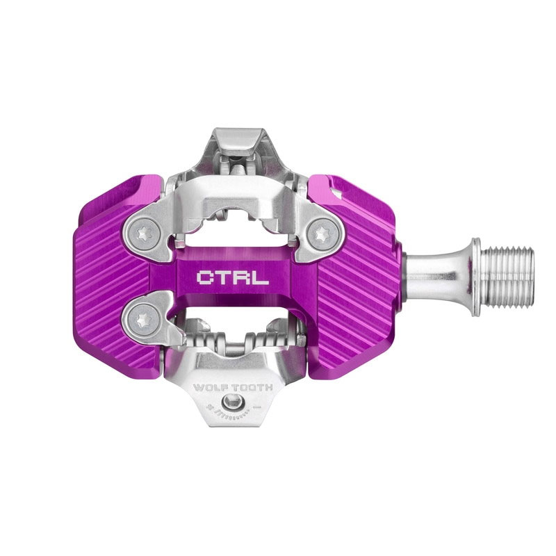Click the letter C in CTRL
tap(206, 278)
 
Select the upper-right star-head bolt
tap(320, 231)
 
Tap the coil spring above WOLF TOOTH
tap(229, 341)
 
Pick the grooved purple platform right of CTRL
tap(354, 278)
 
